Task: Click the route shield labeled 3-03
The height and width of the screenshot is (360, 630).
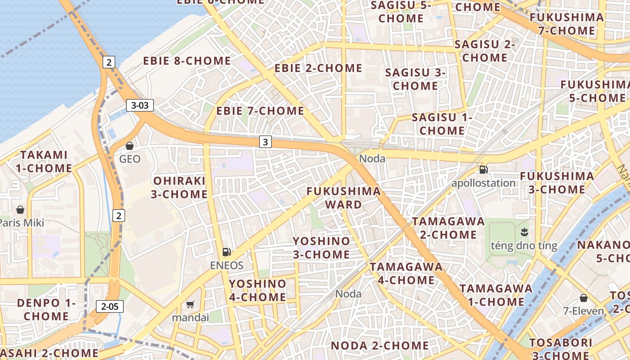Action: coord(139,106)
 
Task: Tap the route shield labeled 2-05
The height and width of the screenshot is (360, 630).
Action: coord(110,307)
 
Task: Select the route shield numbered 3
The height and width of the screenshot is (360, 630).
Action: coord(265,142)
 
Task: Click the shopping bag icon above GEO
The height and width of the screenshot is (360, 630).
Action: coord(130,146)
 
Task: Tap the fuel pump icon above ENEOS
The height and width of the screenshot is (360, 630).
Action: coord(227,252)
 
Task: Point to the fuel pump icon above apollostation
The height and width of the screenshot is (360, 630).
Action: coord(483,170)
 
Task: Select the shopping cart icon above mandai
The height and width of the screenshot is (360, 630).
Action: coord(190,305)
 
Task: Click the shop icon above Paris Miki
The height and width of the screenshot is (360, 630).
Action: coord(20,210)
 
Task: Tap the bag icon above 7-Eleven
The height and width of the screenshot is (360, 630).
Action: coord(584,298)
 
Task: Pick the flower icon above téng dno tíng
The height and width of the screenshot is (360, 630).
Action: coord(524,233)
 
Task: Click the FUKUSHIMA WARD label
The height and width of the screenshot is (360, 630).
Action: coord(344,198)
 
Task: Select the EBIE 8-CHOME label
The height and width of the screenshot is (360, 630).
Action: coord(187,61)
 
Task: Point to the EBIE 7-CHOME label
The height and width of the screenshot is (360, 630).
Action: coord(260,111)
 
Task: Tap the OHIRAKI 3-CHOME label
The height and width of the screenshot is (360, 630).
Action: coord(180,188)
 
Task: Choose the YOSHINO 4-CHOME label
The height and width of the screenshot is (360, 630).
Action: coord(257,290)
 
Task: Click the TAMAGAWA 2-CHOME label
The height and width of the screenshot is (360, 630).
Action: coord(449,228)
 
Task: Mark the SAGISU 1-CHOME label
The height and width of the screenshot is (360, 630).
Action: coord(442,124)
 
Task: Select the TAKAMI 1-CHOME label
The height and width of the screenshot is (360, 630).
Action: coord(46,162)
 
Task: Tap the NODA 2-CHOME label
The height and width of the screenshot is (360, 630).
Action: coord(380,346)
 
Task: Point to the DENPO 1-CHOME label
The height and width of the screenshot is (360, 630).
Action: coord(46,309)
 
